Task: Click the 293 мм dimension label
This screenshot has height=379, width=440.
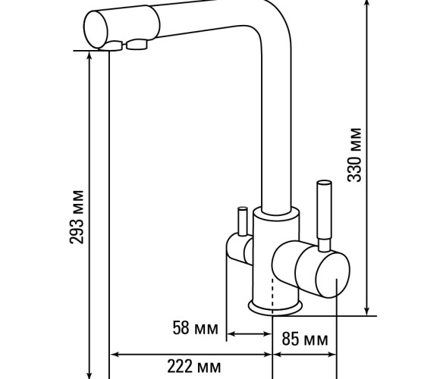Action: point(77,217)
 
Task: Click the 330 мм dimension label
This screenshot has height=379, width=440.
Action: point(354,155)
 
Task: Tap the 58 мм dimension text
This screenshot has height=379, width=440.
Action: point(195,328)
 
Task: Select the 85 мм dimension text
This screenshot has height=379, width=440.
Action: point(305,339)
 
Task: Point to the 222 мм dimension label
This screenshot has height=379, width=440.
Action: point(194,366)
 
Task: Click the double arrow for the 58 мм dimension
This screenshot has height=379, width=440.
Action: point(249,334)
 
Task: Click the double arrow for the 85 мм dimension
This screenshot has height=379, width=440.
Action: point(304,355)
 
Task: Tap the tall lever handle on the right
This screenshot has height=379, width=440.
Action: point(325,216)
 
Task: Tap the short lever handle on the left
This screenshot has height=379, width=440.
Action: point(242,221)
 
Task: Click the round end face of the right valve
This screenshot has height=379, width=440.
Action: point(333,274)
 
